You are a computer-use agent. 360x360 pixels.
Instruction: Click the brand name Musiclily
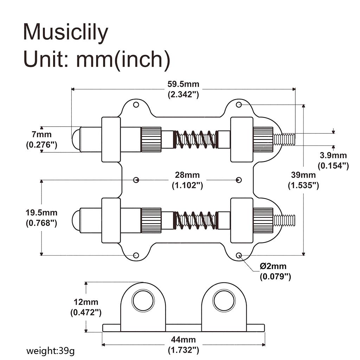click(65, 32)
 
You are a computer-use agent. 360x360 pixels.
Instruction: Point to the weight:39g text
click(51, 351)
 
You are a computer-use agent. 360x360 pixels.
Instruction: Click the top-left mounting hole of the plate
click(136, 105)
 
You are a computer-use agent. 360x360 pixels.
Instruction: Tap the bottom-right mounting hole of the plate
click(239, 255)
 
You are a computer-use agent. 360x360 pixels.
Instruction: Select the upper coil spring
click(196, 139)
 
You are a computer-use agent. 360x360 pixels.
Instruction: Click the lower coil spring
click(196, 220)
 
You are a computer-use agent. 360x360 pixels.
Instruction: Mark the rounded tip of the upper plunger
click(75, 139)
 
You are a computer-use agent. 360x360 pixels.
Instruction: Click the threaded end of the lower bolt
click(284, 220)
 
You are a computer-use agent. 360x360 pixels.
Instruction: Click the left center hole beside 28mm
click(136, 180)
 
